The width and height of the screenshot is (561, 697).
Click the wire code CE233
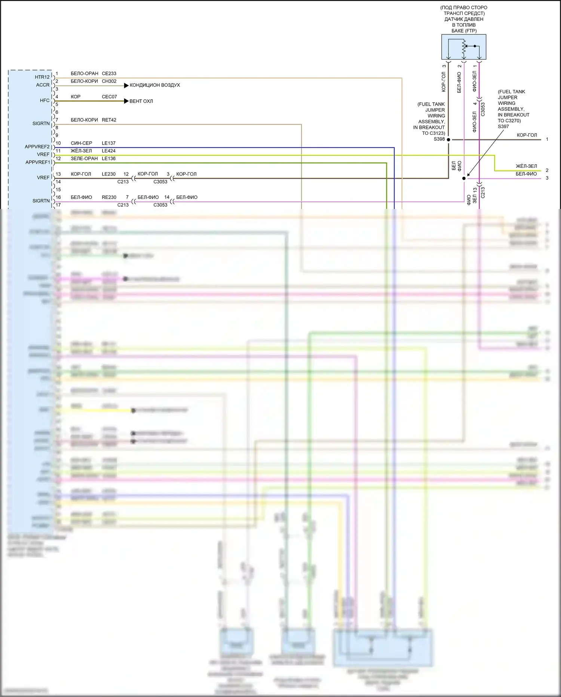[x=109, y=73]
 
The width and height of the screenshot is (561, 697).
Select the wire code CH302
[x=109, y=81]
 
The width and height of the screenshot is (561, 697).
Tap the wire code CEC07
[x=109, y=97]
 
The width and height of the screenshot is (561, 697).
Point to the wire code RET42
[x=109, y=120]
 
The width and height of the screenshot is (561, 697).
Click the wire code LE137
[x=108, y=143]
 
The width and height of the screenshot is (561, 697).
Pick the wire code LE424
[x=108, y=151]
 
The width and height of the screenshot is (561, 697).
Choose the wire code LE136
[x=108, y=158]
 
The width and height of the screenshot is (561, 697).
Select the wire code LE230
[x=108, y=174]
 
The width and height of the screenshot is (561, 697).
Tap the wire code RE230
[x=109, y=197]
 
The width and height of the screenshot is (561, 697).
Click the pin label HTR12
[x=42, y=77]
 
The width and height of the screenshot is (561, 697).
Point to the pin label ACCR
[x=43, y=85]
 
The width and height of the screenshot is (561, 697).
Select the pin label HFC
[x=45, y=100]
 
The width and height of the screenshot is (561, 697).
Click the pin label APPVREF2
[x=37, y=147]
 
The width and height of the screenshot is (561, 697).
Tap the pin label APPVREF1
[x=37, y=162]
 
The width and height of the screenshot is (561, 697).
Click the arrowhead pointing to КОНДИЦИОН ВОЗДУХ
[x=126, y=85]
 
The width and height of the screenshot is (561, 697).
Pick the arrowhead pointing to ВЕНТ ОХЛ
[x=126, y=101]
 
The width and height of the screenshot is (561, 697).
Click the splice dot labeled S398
[x=448, y=140]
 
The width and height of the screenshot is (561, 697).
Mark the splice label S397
[x=503, y=127]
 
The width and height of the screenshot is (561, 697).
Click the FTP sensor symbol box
[x=464, y=47]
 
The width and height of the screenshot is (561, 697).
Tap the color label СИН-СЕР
[x=81, y=143]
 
